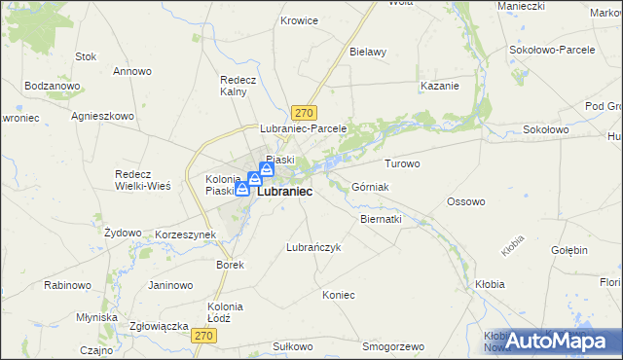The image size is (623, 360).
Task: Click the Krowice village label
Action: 300,20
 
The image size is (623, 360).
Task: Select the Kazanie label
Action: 439,86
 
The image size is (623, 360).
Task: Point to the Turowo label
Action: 402,163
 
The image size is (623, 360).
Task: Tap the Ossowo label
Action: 465,201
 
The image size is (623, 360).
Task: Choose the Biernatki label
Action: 381,220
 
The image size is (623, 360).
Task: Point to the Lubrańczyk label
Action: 313,247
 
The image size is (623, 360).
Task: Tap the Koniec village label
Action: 339,295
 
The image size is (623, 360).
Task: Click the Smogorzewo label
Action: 393,346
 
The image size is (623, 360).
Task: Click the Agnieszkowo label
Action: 102,115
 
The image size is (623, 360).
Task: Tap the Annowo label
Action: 132,71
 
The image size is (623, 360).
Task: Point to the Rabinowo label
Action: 68,285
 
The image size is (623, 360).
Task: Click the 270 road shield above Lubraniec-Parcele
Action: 305,113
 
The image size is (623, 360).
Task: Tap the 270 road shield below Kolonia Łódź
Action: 202,336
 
